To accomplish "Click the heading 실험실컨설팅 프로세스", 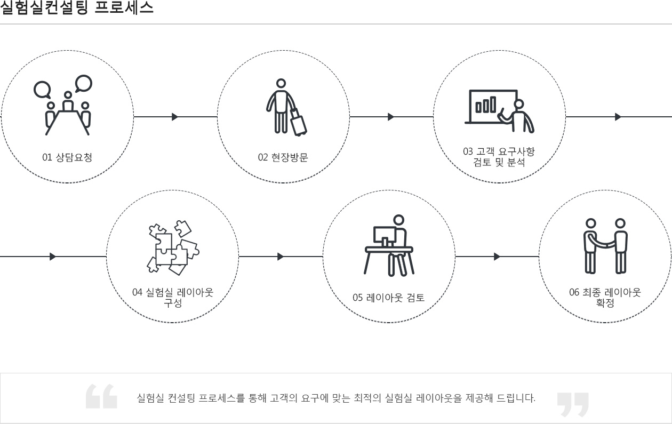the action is point(77,7).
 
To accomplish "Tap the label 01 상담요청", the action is point(67,157).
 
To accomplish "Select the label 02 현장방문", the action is point(283,157).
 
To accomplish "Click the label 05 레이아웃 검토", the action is point(388,298).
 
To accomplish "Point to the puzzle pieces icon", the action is point(173,247).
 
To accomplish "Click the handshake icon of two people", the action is point(605,246).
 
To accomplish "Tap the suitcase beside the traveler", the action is point(298,122).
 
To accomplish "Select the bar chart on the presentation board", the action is point(486,105).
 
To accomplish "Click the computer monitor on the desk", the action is point(385,236).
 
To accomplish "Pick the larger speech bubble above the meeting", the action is point(84,83).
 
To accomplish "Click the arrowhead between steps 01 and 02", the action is point(175,117).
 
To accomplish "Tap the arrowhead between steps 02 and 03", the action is point(391,117).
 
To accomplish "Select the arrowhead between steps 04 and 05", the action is point(281,257).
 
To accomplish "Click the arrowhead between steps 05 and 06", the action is point(497,257).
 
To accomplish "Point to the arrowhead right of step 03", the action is point(618,117).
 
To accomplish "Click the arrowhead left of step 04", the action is point(53,257).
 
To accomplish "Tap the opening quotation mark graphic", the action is point(101,396).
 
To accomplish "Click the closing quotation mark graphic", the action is point(573,404).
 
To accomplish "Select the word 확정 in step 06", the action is point(605,303).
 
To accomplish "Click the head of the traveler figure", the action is point(281,83).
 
